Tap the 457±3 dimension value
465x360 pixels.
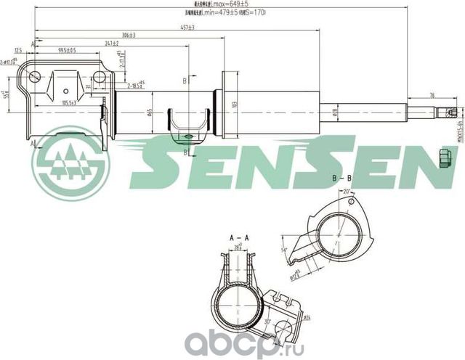pos(187,27)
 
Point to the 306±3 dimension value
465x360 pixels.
pos(132,35)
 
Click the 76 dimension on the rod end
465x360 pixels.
pos(432,95)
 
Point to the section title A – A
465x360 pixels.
pos(239,238)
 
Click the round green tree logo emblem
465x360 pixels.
pos(70,164)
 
